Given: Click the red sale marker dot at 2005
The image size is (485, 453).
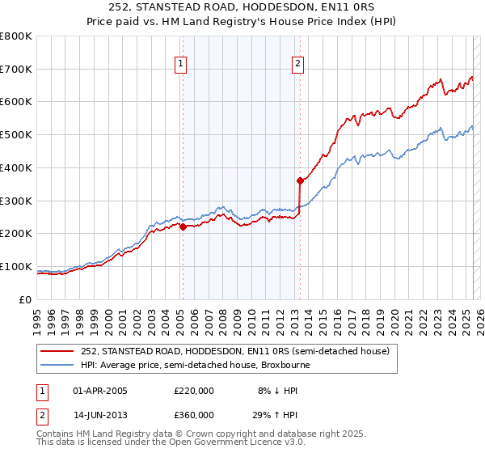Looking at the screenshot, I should pos(183,226).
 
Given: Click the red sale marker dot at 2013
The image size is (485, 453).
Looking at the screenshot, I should pos(300,180).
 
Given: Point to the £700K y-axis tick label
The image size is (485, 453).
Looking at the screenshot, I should pos(16,69).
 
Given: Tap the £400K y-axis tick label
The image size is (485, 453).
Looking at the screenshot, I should pos(16,167).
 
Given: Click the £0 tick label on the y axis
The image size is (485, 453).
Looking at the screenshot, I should pos(26,299).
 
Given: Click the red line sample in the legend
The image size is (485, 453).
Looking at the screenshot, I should pos(57,351).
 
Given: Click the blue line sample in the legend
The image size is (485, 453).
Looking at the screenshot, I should pos(57,365).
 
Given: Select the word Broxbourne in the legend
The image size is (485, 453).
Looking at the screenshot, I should pos(285,365).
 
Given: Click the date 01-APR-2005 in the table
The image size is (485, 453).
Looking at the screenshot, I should pos(100,391).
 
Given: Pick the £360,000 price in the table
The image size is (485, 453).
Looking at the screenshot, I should pos(194,417).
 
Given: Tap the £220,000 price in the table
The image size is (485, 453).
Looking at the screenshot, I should pos(194,391).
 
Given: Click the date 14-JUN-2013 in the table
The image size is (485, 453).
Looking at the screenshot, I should pos(100,417).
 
